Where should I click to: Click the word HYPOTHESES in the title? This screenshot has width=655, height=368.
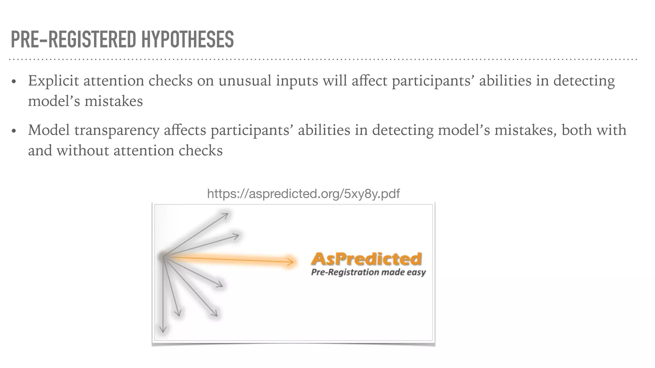(187, 40)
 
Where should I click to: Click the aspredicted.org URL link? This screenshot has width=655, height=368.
(303, 194)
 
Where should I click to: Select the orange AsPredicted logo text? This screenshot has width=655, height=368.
(367, 259)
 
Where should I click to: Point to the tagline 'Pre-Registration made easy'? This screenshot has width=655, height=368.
(368, 272)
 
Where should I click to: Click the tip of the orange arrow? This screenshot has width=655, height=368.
(292, 262)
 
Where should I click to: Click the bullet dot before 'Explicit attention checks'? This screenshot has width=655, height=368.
(13, 82)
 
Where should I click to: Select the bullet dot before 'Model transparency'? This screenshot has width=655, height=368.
(13, 131)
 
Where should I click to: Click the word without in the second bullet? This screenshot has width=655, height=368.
(83, 150)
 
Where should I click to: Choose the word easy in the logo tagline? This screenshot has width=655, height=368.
(416, 273)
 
